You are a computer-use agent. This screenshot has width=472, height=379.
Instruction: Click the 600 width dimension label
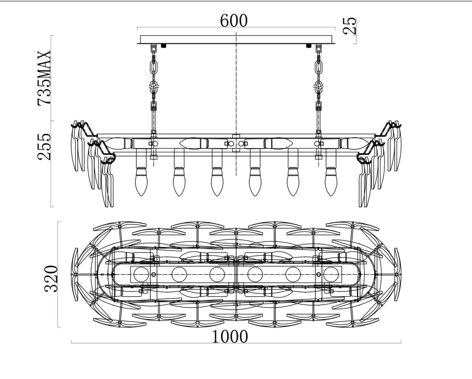(x=234, y=20)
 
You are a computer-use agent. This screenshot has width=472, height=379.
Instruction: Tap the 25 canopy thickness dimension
(x=350, y=26)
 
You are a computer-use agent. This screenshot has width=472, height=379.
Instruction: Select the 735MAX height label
(x=44, y=78)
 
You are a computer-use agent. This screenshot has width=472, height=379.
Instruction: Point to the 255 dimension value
(x=44, y=146)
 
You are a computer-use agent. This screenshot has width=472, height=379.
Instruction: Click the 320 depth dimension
(x=51, y=279)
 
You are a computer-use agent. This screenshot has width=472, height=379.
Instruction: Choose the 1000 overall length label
(x=230, y=337)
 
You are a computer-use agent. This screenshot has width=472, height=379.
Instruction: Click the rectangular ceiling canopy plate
(x=236, y=39)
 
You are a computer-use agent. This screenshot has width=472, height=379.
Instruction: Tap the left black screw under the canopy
(x=164, y=46)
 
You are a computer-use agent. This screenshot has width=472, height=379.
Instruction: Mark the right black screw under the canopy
(x=308, y=46)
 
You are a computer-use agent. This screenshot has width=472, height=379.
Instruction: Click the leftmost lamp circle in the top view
(x=141, y=274)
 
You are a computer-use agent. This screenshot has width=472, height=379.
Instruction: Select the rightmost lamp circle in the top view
(x=331, y=274)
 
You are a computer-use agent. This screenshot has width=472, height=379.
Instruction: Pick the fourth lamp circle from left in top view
(x=255, y=274)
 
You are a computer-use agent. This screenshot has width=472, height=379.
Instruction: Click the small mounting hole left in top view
(x=154, y=274)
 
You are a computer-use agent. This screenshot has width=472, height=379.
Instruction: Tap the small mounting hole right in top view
(x=319, y=274)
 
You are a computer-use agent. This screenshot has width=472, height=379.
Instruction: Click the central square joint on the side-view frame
(x=236, y=143)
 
